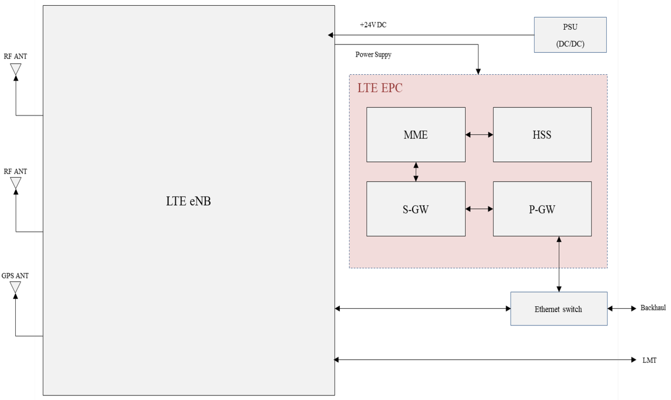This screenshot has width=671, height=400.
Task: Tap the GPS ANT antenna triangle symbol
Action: click(15, 287)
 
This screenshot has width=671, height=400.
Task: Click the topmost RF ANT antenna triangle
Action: click(16, 68)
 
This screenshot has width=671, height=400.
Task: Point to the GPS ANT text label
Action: click(15, 275)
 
